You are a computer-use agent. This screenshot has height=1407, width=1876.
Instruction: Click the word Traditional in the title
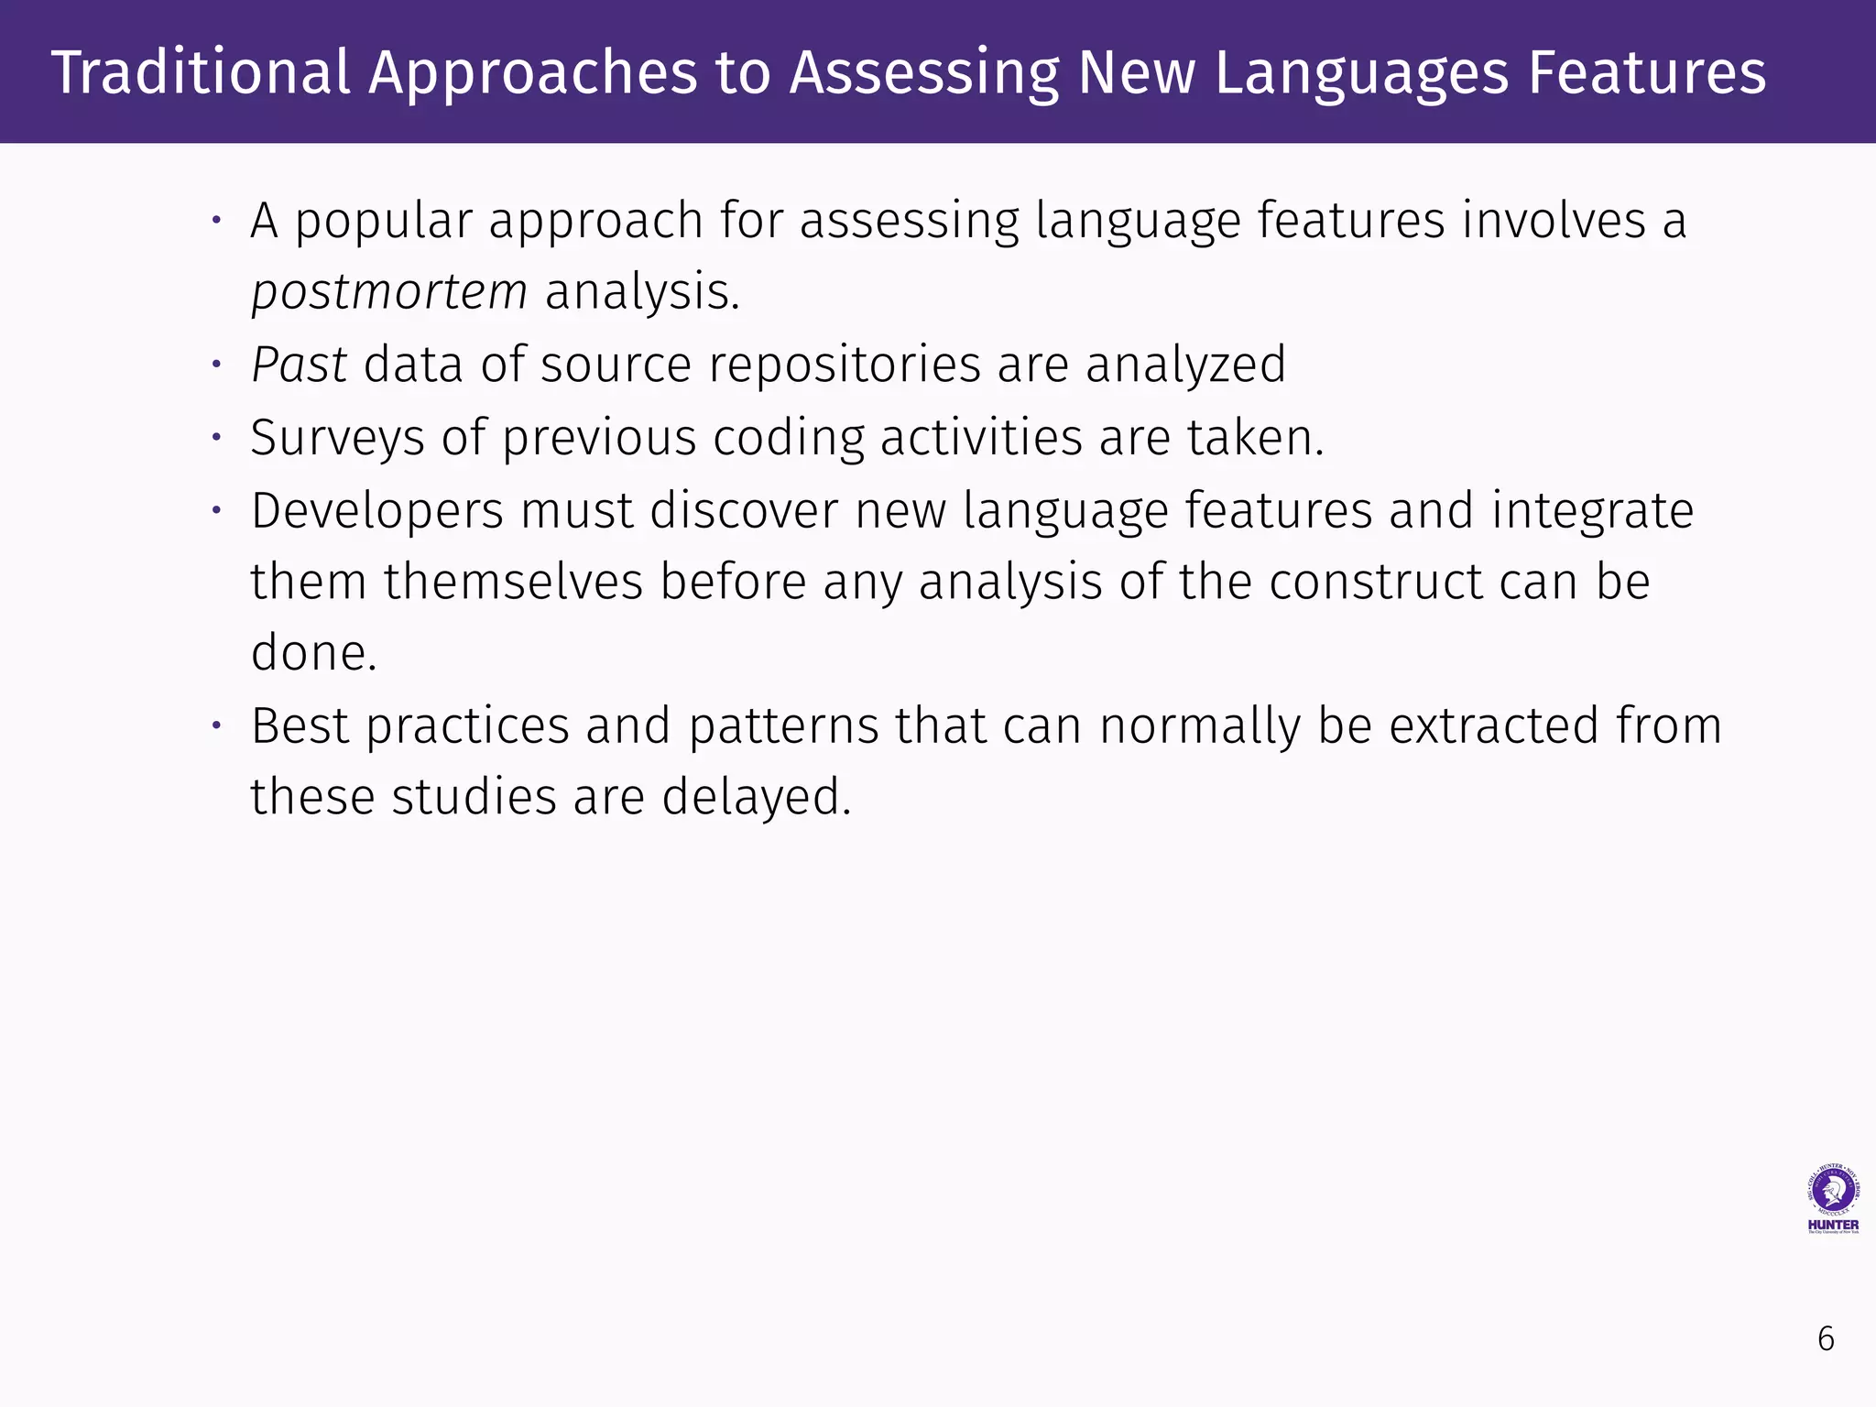pyautogui.click(x=201, y=73)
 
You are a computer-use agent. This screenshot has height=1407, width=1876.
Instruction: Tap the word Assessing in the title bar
pyautogui.click(x=924, y=73)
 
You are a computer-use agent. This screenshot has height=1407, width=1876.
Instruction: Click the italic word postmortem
pyautogui.click(x=389, y=292)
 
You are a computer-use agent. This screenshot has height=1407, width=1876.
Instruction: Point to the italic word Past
pyautogui.click(x=299, y=365)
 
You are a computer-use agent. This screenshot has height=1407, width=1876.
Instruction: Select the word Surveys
pyautogui.click(x=337, y=438)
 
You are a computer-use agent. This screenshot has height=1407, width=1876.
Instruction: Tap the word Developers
pyautogui.click(x=377, y=510)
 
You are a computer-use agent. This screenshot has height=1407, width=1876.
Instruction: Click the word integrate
pyautogui.click(x=1592, y=510)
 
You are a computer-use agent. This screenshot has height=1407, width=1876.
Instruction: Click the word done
pyautogui.click(x=313, y=653)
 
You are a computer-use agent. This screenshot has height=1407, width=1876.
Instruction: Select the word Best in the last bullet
pyautogui.click(x=300, y=725)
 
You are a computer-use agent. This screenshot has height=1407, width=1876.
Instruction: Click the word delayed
pyautogui.click(x=757, y=797)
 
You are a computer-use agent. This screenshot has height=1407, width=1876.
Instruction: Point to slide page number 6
pyautogui.click(x=1826, y=1339)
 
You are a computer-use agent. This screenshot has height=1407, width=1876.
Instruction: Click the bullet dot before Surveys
pyautogui.click(x=217, y=438)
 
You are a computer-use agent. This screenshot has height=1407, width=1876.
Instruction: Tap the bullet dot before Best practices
pyautogui.click(x=217, y=725)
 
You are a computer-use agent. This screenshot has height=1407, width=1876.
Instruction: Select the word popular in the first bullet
pyautogui.click(x=383, y=222)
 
